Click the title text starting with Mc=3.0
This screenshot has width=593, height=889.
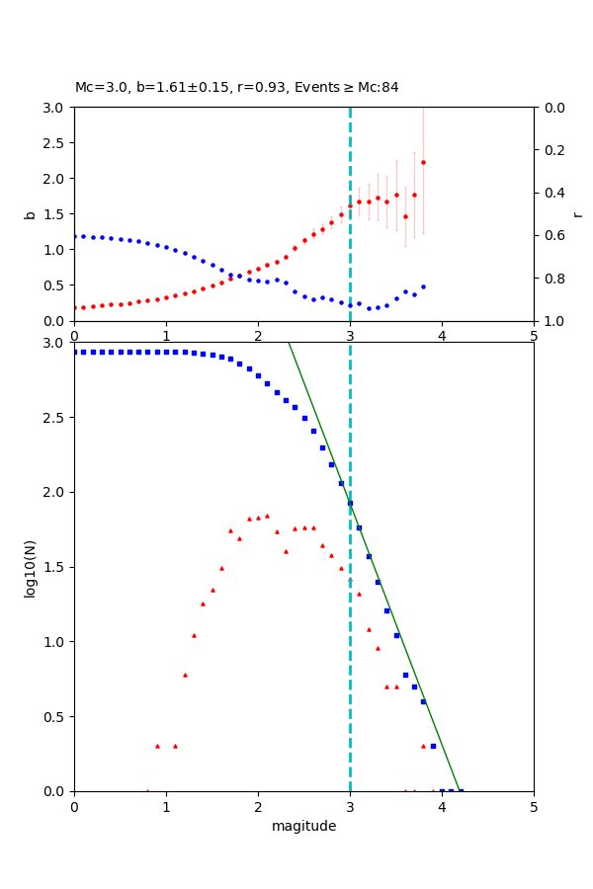[237, 88]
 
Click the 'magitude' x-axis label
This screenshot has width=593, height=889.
[303, 826]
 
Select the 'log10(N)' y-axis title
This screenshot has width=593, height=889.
[30, 567]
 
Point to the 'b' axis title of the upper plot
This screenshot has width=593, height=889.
[30, 214]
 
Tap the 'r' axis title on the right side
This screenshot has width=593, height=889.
[577, 214]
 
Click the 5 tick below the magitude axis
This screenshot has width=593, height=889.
[534, 807]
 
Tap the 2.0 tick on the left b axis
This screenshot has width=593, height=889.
[55, 179]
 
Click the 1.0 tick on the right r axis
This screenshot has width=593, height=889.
[551, 321]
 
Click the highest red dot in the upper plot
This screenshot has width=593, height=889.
[423, 162]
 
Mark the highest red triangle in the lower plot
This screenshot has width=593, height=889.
[267, 516]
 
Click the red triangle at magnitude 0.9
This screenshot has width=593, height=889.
[157, 746]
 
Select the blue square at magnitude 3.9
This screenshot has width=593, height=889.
[433, 746]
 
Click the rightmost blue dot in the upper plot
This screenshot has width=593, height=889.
[423, 286]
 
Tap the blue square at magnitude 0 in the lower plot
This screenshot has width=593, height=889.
[74, 352]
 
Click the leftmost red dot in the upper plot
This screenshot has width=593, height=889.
[74, 307]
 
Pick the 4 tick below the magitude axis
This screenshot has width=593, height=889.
[442, 807]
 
